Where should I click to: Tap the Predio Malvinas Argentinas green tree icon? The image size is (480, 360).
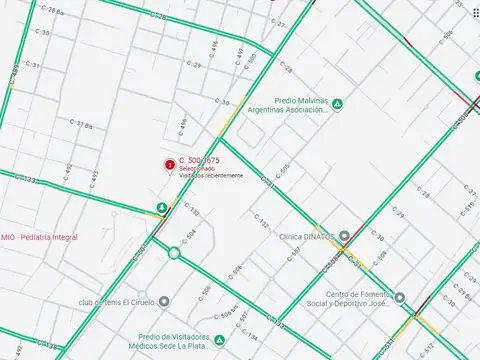coord(338,104)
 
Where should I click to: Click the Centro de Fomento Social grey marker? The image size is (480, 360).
coord(399,298)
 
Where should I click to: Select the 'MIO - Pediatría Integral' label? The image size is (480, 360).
coord(40,237)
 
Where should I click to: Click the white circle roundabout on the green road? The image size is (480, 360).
coord(174,253)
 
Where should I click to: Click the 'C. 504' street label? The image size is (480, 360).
coord(190,237)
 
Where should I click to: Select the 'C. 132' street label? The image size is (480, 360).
coord(192,213)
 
